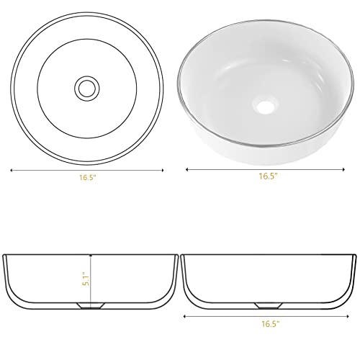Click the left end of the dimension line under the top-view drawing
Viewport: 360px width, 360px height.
tap(9, 171)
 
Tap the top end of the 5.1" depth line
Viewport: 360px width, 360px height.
tap(91, 256)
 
